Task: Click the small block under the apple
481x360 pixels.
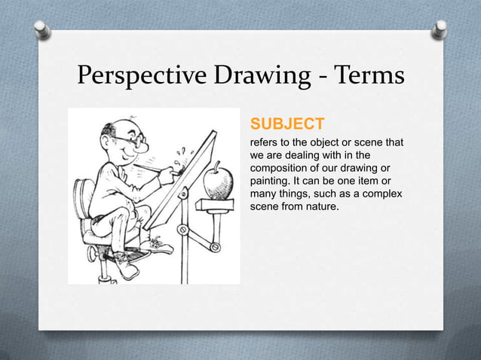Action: click(x=211, y=203)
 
